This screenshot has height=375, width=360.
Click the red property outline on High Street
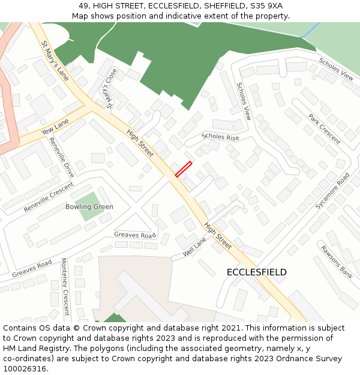184,169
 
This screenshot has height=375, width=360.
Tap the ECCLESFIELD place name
256,272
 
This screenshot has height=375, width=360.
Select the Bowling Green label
89,207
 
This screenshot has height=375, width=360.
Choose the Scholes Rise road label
220,137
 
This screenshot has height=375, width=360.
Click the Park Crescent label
324,129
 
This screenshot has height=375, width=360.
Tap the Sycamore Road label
332,191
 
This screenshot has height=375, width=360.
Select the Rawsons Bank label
336,262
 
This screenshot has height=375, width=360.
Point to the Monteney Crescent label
65,287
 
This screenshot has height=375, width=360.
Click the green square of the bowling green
89,206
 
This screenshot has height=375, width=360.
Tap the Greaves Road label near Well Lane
134,235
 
